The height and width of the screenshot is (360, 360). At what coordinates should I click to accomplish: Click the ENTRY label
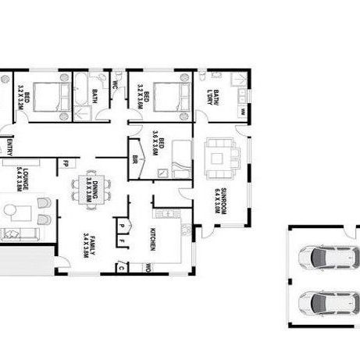9,146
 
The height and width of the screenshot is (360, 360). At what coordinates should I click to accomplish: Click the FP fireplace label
66,163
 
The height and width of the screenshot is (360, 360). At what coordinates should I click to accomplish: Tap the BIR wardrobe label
136,159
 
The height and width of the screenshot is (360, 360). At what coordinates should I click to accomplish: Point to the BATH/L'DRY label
210,98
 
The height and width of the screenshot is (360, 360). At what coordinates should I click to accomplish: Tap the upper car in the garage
327,256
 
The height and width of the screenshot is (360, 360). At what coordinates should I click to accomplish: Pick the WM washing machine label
243,112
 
